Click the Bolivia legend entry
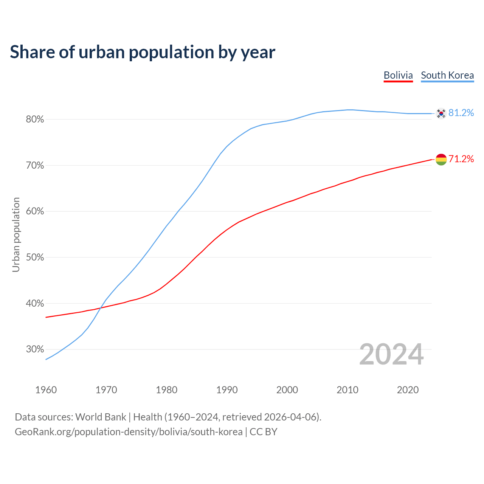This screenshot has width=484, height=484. coord(398,75)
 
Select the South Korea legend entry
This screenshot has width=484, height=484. coord(447,75)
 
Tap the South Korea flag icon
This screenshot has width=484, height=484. coord(441,113)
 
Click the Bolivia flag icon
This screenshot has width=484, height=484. coord(441,160)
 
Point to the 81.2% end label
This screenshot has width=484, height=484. coord(461,113)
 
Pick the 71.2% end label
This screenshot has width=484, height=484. coord(461,159)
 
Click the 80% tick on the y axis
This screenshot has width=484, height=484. coord(35,119)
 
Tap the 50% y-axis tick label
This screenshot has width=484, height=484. coord(35,258)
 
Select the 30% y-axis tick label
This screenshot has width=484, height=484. coord(35,349)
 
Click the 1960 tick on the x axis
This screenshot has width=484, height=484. coord(46,390)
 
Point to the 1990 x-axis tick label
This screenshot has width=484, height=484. coord(227,390)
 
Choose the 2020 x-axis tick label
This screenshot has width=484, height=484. coord(408,390)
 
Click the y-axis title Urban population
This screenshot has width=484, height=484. coord(16,234)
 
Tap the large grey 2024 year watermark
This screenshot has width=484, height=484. coord(391,354)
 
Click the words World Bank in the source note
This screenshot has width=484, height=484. coord(101,417)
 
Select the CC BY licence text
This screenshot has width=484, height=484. coord(264,432)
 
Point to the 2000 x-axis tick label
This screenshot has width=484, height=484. coord(287,390)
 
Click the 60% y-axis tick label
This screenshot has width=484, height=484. coord(35,211)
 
